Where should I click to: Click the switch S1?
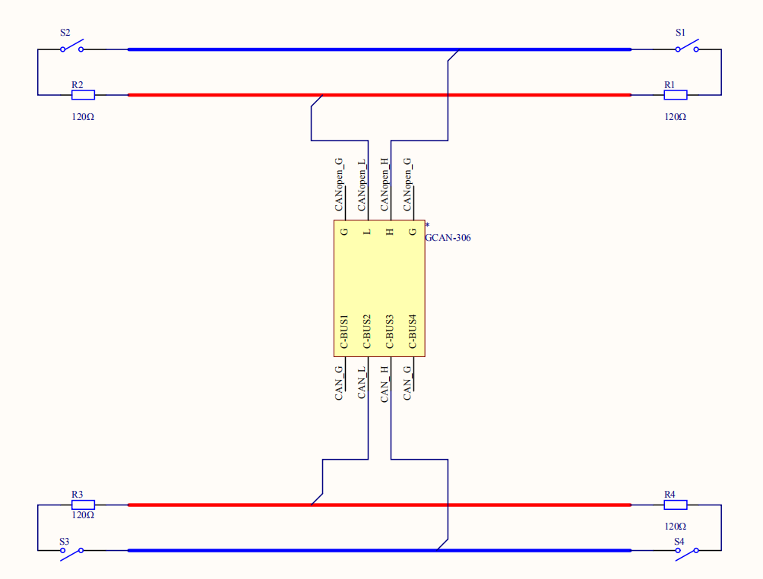pos(687,48)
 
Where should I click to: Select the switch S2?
pos(71,48)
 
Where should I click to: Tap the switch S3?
pos(71,551)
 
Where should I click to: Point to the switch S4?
pos(687,551)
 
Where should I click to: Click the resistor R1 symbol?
pos(676,95)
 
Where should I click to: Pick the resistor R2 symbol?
pos(83,95)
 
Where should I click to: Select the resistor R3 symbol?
pos(83,505)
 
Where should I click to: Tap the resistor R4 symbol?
pos(676,505)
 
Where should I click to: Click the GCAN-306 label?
pos(448,238)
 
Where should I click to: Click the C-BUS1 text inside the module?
pos(344,332)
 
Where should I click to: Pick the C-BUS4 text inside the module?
pos(413,332)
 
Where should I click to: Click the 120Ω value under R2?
pos(83,118)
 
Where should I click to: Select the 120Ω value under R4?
pos(676,526)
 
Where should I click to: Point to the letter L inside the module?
pos(367,231)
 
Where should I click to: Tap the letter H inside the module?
pos(390,231)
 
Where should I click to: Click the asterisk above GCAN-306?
pos(427,226)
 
